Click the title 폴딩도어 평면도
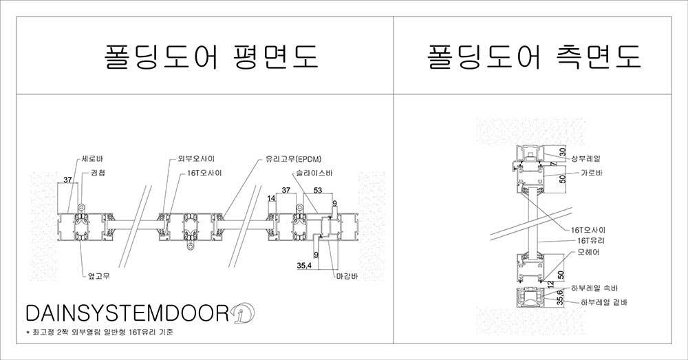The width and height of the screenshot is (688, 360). pos(211,56)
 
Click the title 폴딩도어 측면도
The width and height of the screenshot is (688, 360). pos(535,56)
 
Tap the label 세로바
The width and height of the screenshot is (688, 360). pos(92,159)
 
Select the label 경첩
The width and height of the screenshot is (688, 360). pos(98,173)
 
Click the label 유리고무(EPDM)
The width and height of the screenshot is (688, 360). pos(290,159)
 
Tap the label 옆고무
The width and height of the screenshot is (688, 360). pos(98,276)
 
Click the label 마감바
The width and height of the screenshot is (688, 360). pos(347,277)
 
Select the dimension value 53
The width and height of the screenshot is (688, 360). pos(318,190)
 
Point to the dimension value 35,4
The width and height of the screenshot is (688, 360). pos(304,265)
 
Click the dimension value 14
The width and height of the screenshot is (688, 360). pos(271,198)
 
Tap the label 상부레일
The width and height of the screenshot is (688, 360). pos(585,159)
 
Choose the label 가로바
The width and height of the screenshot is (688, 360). pos(592,173)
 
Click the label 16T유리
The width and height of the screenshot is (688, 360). pos(590,241)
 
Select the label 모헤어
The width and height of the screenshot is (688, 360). pos(588,253)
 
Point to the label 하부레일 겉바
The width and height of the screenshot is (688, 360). pos(604,302)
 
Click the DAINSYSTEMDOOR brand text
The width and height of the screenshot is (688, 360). pos(127,313)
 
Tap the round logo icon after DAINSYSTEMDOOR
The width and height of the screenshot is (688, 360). pos(243,313)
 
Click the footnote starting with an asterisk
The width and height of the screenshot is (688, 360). pos(100,332)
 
